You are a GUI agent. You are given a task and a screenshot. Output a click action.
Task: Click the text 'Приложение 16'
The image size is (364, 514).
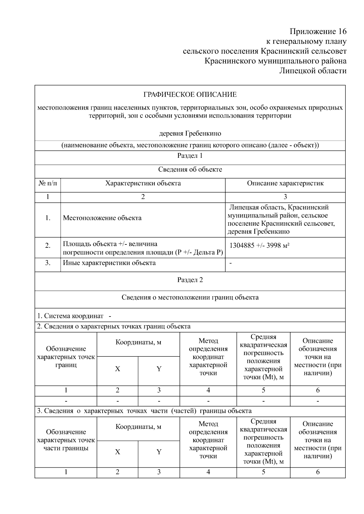(318, 32)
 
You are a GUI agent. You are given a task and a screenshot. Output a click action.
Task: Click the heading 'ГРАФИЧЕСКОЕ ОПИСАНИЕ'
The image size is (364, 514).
(190, 95)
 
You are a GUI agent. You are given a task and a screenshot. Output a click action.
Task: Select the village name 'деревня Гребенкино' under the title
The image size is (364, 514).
(190, 133)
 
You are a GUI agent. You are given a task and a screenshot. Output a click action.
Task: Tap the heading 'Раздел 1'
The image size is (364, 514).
(190, 156)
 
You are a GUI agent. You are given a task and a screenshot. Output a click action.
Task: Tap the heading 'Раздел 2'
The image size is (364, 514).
(190, 280)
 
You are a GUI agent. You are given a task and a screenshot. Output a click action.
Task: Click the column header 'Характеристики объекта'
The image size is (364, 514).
(143, 183)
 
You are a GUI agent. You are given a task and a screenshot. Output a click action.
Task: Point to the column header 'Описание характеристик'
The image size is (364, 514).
(285, 183)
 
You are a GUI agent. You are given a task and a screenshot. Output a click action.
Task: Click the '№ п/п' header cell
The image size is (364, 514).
(48, 183)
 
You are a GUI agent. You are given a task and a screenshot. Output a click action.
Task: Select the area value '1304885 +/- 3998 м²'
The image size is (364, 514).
(259, 246)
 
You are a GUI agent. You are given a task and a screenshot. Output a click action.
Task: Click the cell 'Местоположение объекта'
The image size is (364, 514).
(102, 218)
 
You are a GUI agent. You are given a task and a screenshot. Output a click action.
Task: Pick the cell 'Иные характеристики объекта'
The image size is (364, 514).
(109, 263)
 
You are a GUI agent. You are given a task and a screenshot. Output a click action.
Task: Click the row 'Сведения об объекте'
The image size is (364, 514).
(190, 170)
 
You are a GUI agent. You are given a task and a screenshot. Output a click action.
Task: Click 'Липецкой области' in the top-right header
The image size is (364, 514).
(312, 71)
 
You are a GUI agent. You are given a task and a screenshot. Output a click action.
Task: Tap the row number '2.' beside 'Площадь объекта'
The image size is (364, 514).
(48, 246)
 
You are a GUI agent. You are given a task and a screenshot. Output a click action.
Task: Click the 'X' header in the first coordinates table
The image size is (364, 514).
(117, 369)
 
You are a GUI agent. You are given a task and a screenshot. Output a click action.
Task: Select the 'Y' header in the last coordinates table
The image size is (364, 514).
(159, 452)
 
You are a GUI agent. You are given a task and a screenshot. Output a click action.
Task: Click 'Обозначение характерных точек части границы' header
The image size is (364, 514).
(66, 440)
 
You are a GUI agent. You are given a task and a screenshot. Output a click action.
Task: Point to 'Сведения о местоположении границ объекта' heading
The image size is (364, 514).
(190, 297)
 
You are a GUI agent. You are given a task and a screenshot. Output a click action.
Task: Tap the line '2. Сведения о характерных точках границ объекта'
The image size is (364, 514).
(114, 327)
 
